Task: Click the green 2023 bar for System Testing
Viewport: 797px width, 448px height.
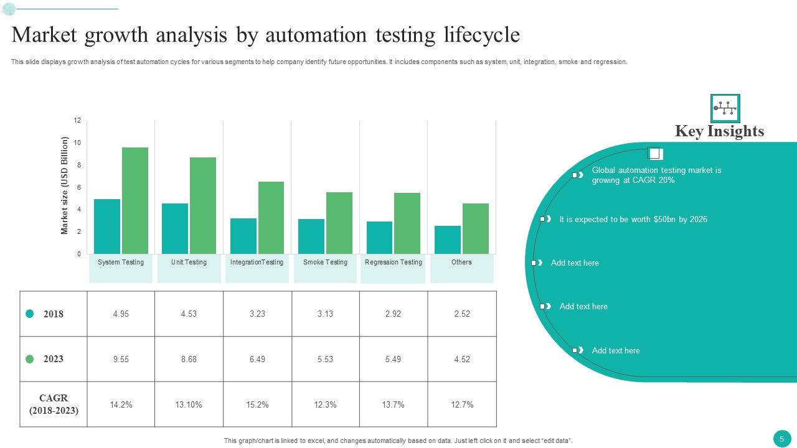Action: (135, 200)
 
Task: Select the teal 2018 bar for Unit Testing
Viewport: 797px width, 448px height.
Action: (175, 228)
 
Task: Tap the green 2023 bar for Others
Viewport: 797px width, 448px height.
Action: (476, 228)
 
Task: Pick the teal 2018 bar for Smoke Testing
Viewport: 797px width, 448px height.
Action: (311, 236)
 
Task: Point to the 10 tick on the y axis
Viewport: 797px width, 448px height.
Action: (77, 142)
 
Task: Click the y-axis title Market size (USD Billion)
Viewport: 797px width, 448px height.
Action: (64, 186)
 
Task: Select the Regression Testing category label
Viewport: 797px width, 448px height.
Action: (394, 262)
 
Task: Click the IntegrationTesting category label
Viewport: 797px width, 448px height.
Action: (257, 262)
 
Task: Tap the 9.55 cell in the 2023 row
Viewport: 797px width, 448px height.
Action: (121, 359)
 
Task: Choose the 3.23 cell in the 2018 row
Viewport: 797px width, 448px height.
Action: (257, 314)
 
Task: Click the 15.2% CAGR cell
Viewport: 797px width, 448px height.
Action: (257, 404)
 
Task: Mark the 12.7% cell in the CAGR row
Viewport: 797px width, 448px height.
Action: (462, 404)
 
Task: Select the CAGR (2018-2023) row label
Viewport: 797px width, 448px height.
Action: (54, 404)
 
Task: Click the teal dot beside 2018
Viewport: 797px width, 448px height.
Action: (29, 314)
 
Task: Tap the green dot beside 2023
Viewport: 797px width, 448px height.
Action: (29, 359)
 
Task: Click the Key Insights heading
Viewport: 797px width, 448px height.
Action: (719, 131)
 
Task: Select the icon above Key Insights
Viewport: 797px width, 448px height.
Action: (725, 108)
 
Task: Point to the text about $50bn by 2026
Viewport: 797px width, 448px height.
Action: (633, 219)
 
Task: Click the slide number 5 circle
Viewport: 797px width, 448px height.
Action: (781, 438)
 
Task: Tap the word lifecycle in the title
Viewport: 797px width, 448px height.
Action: (481, 35)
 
